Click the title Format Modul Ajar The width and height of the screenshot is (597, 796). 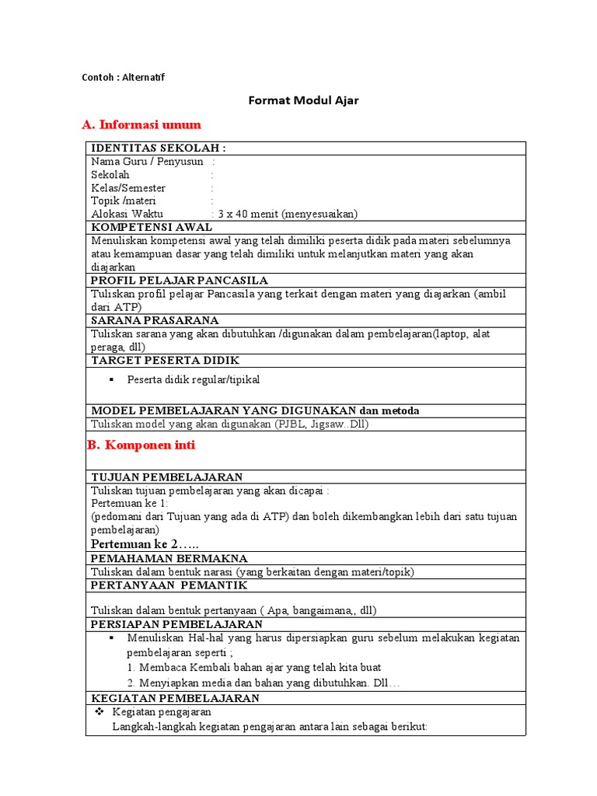(303, 100)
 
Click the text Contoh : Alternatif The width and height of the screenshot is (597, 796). (124, 77)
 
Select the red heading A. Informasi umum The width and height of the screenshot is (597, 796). (141, 124)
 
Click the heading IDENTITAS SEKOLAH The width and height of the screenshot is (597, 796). (159, 148)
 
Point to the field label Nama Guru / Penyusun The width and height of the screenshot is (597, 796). (147, 162)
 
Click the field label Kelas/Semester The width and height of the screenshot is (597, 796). (128, 188)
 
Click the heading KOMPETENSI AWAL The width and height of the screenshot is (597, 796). (152, 227)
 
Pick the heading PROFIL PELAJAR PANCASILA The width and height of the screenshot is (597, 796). (180, 280)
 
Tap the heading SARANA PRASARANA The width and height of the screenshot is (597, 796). (155, 320)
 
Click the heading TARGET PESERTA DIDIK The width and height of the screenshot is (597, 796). (166, 361)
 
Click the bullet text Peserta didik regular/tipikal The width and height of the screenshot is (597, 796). (194, 379)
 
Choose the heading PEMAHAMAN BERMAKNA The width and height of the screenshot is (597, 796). (169, 558)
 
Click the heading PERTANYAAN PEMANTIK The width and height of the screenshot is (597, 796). (169, 585)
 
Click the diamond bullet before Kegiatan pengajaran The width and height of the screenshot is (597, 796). (99, 712)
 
